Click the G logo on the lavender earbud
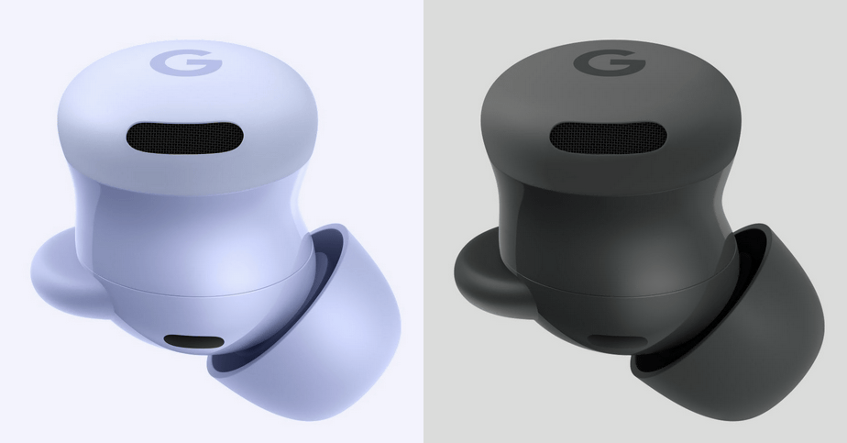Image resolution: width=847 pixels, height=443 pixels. point(186,64)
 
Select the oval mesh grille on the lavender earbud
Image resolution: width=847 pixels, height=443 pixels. point(186,138)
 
